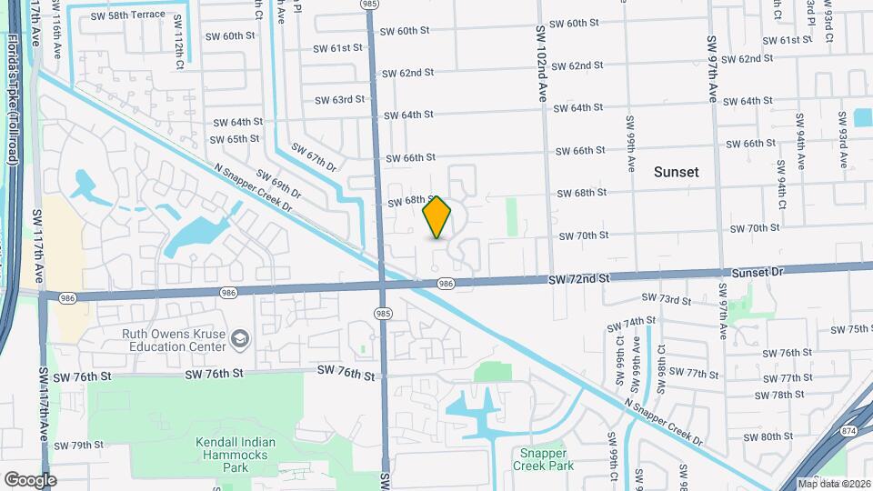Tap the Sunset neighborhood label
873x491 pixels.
point(677,172)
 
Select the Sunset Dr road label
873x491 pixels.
point(758,271)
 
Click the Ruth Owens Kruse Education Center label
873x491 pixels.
point(174,340)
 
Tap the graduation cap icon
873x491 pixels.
point(241,340)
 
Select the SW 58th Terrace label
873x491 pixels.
point(128,15)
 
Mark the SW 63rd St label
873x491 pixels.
point(339,100)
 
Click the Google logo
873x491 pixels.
point(30,479)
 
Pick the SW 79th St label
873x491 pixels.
point(79,446)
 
